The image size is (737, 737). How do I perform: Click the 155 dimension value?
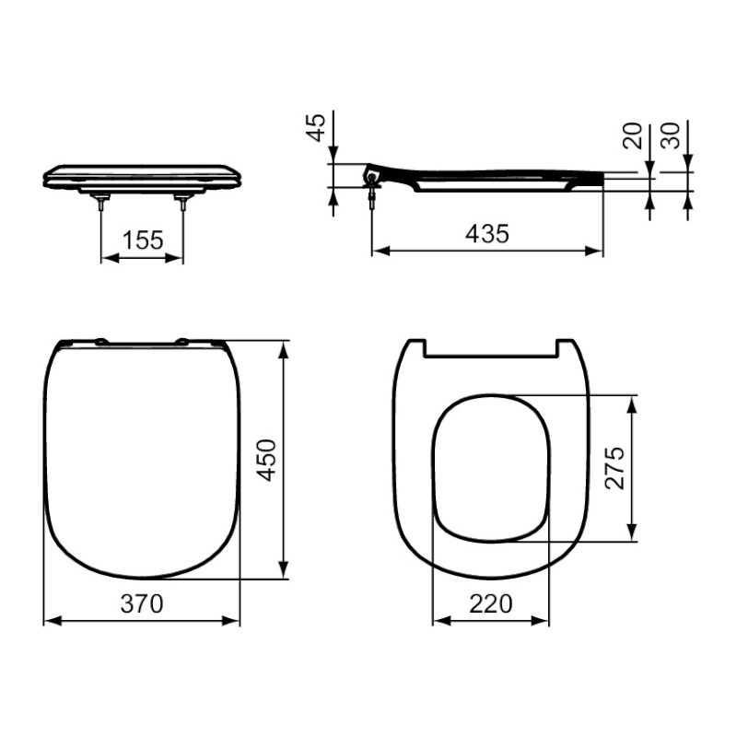point(143,240)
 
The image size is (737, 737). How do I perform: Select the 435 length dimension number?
point(487,234)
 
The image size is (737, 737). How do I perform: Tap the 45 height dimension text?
point(316,127)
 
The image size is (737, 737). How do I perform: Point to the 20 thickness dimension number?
point(633,135)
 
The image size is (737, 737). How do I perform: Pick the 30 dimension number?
point(671,135)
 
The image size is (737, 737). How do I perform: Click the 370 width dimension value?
point(142,603)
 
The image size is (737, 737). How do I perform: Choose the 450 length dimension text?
point(266,460)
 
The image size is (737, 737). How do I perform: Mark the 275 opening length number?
point(614,468)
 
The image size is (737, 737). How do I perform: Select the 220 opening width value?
point(491,603)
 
